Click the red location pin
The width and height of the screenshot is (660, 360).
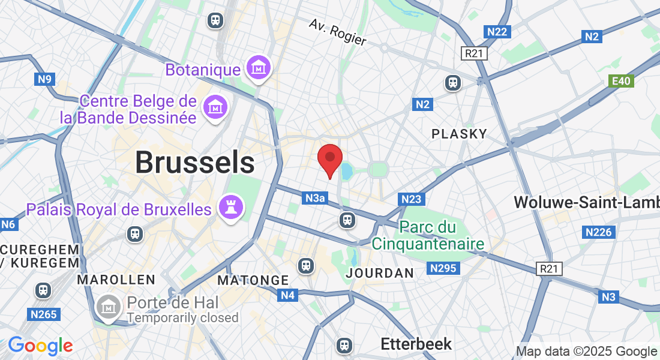coord(329,159)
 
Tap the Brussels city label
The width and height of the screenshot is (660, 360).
coord(194,163)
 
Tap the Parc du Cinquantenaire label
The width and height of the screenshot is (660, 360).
coord(428,236)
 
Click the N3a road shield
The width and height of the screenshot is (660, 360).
coord(314,197)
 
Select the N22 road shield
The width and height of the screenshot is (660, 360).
coord(497,32)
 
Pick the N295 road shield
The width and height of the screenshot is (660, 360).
coord(444,268)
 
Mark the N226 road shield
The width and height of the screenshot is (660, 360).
coord(598,232)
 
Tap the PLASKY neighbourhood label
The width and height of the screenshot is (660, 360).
coord(459,134)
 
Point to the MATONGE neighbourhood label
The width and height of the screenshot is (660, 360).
coord(253,280)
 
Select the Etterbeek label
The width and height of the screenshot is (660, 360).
coord(416,344)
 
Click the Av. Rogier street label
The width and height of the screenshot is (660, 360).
coord(337,32)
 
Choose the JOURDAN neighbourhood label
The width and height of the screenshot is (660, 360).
coord(380,273)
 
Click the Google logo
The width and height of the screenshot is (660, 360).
coord(40,346)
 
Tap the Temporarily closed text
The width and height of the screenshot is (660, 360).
coord(182,317)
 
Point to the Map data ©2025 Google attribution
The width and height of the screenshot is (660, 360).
coord(586,351)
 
